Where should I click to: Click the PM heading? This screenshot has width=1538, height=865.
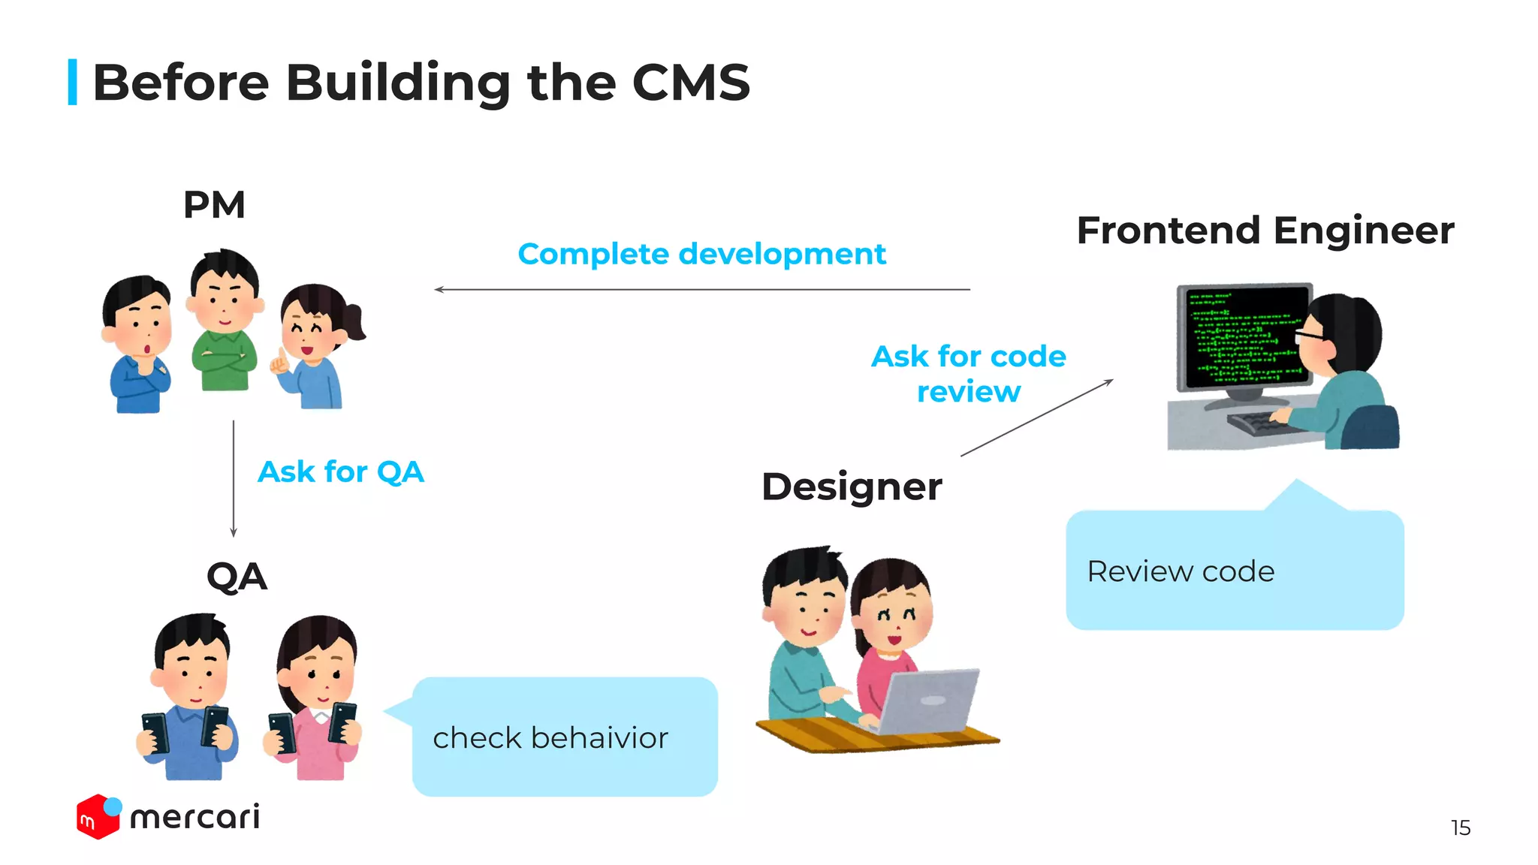click(x=214, y=205)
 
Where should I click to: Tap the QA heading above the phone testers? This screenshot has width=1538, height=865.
click(x=237, y=577)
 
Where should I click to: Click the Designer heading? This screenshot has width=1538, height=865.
click(x=852, y=487)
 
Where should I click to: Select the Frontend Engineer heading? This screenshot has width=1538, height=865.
click(x=1265, y=231)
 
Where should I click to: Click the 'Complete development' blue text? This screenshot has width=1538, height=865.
click(x=701, y=255)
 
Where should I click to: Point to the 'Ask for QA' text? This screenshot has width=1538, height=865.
click(x=341, y=472)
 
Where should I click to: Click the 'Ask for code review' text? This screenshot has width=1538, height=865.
click(x=968, y=373)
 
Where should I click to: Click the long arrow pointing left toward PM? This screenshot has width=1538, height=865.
click(x=701, y=289)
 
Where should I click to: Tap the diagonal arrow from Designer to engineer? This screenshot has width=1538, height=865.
click(x=1036, y=418)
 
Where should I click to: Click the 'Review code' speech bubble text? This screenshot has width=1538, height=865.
click(x=1181, y=571)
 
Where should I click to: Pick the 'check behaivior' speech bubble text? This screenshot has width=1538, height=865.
click(x=550, y=738)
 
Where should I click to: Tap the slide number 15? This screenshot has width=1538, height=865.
click(x=1460, y=827)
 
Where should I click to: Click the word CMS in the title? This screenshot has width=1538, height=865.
click(x=690, y=83)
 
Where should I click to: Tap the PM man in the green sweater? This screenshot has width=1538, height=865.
click(x=225, y=323)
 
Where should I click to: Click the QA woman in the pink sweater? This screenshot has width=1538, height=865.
click(x=315, y=698)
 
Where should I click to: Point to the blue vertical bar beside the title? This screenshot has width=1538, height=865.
click(x=73, y=82)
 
